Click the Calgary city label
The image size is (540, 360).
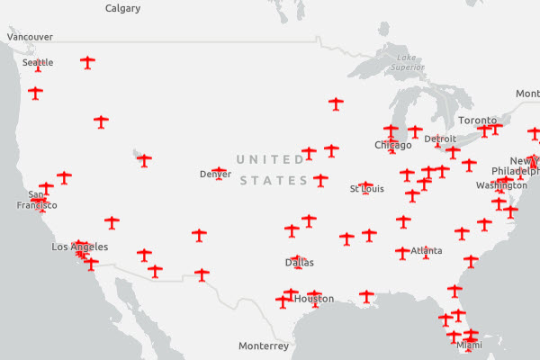click(x=122, y=8)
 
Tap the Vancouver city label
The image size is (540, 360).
click(x=30, y=37)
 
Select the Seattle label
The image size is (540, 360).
click(x=38, y=62)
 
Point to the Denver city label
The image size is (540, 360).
click(x=215, y=175)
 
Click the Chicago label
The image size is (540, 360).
click(x=392, y=145)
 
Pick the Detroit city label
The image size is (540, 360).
click(x=440, y=139)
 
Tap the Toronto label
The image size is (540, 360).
click(x=477, y=121)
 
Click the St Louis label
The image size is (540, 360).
click(x=366, y=189)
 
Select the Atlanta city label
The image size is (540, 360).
click(x=426, y=252)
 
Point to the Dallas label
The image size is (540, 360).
click(x=299, y=263)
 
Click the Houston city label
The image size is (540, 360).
click(x=314, y=299)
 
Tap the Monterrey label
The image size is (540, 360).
click(x=264, y=346)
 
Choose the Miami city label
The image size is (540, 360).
click(x=469, y=345)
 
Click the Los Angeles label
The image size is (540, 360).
click(x=80, y=247)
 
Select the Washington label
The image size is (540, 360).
click(x=501, y=185)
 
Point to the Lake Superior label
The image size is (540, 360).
click(x=408, y=62)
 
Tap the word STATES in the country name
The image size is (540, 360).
click(x=275, y=181)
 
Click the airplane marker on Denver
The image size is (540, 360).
click(x=219, y=170)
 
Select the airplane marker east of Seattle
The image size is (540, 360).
click(x=87, y=62)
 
